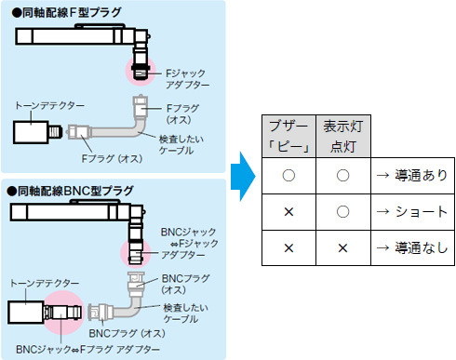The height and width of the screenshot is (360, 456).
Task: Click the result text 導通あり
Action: pyautogui.click(x=417, y=174)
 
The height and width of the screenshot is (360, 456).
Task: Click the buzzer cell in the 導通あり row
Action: pyautogui.click(x=288, y=174)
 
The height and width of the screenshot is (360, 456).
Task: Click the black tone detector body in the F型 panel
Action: pyautogui.click(x=35, y=131)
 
